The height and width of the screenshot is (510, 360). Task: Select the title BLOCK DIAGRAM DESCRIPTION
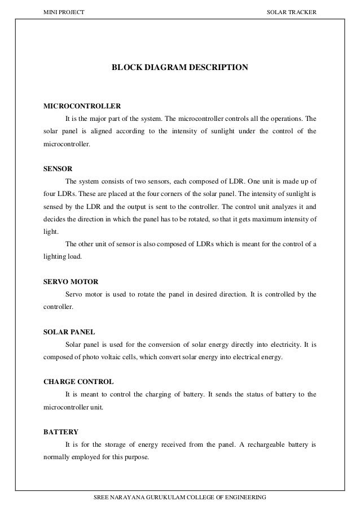(x=179, y=68)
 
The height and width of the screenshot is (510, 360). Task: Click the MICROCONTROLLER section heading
(x=82, y=106)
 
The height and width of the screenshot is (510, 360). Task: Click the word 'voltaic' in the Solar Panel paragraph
(x=120, y=358)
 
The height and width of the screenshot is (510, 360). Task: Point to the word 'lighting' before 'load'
(x=54, y=256)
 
